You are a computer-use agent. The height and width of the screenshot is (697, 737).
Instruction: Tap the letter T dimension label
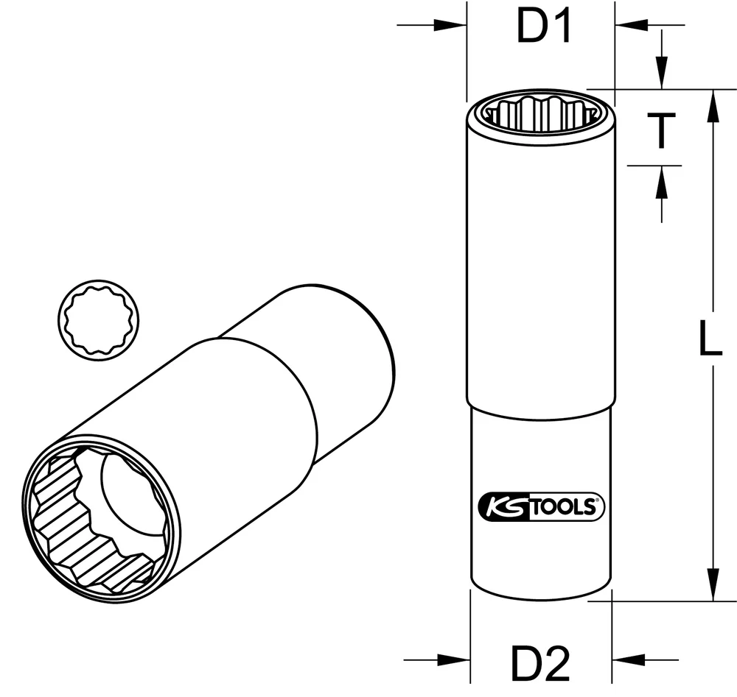coord(662,130)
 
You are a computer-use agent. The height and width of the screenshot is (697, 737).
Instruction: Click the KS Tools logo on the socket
coord(541,507)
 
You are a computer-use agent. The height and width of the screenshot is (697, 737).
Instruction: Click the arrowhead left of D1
coord(451,26)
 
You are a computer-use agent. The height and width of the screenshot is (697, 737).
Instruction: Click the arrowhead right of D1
coord(631,26)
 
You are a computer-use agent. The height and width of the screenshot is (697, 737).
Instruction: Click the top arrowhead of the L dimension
coord(712,104)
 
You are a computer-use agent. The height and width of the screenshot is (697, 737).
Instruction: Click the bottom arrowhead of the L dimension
coord(712,586)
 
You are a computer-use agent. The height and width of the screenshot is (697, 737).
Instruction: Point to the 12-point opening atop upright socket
coord(539,113)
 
